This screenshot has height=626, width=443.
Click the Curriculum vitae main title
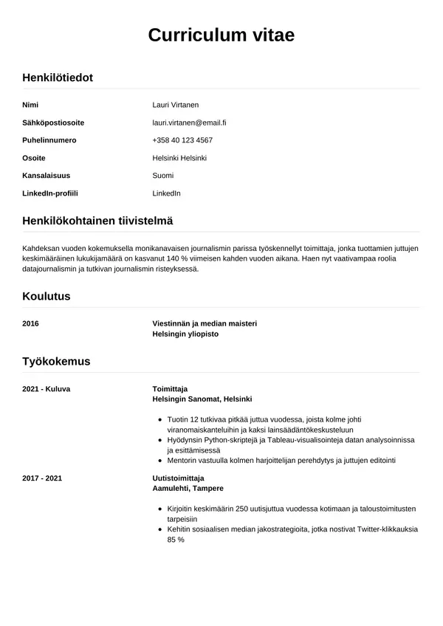tap(221, 35)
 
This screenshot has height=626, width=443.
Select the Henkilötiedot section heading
tap(58, 78)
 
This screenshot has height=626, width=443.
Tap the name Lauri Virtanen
tap(175, 105)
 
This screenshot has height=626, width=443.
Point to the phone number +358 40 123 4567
tap(182, 140)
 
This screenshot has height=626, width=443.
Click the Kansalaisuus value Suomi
tap(162, 176)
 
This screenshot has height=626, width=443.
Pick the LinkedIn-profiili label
tap(50, 193)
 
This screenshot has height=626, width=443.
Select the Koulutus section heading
tap(46, 297)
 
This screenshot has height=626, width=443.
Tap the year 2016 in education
tap(31, 323)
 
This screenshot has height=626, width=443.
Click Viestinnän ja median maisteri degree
tap(205, 323)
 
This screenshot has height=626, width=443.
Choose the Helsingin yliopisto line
tap(185, 334)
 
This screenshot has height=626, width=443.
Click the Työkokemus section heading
tap(56, 362)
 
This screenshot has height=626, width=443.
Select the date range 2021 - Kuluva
tap(47, 388)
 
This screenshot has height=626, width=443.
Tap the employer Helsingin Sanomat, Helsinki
tap(202, 399)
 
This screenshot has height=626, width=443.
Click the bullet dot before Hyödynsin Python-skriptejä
tap(160, 440)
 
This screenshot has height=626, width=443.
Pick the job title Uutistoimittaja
tap(178, 478)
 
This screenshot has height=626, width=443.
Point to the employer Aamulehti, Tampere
tap(188, 489)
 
